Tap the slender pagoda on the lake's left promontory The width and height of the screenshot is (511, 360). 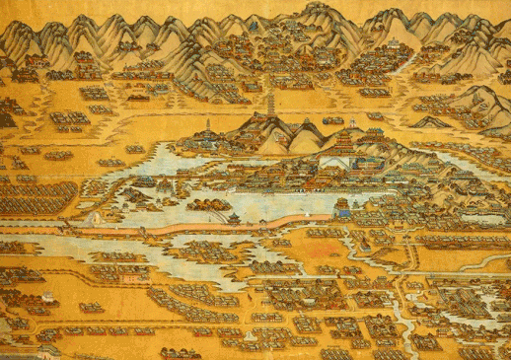[x=208, y=127]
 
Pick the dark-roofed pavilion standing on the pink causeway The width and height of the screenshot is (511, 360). [x=234, y=218]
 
